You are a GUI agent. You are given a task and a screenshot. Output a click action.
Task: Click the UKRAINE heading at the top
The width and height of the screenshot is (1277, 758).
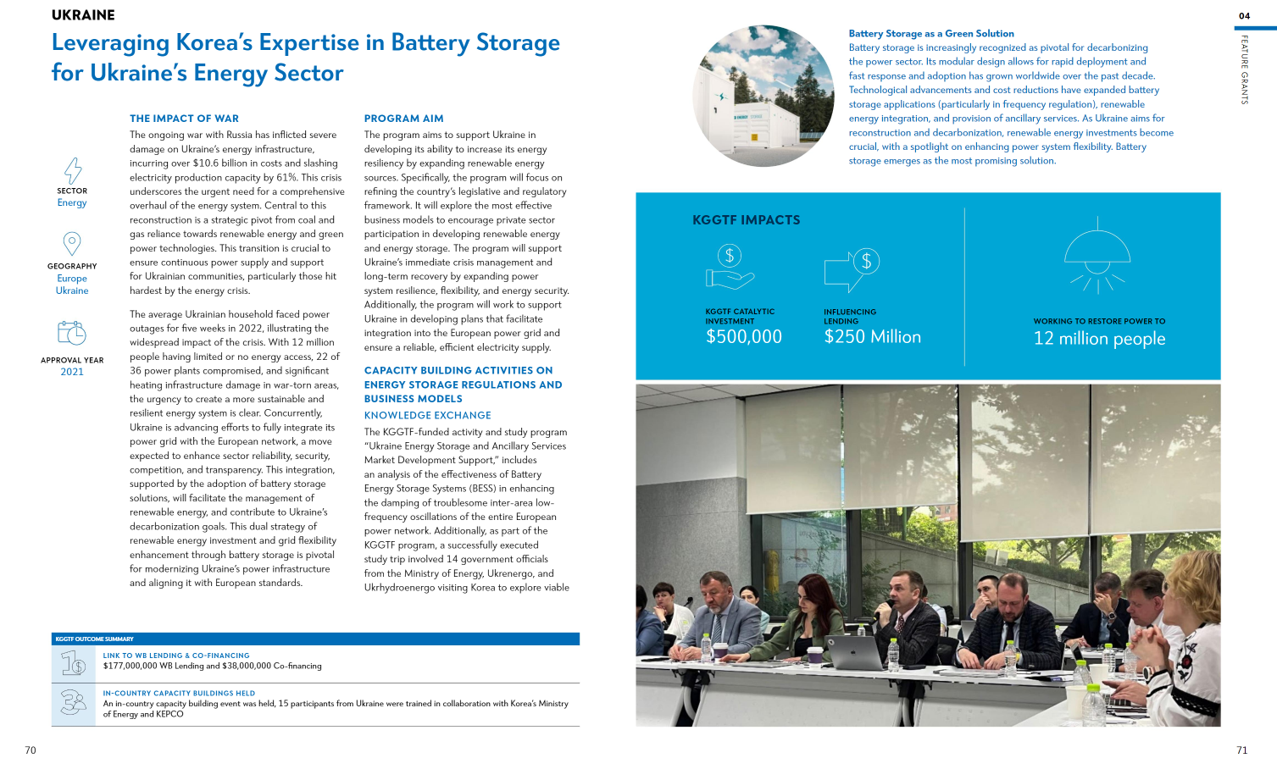pos(83,15)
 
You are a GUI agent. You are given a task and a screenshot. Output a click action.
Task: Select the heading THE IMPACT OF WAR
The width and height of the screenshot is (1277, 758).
pos(184,119)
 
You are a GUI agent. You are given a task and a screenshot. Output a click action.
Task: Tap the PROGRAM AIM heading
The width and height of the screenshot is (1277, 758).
pos(403,119)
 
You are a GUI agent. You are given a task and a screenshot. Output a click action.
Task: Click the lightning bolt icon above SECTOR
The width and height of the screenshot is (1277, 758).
pos(73,170)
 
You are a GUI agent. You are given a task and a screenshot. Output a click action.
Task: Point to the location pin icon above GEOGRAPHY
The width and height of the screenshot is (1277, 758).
pos(72,245)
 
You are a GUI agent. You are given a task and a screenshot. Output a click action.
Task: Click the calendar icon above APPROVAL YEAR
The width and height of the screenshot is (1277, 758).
pos(72,333)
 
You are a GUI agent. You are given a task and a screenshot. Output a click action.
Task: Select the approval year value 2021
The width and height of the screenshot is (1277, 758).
pos(72,372)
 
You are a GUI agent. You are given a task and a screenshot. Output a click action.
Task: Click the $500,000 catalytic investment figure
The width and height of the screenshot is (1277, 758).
pos(743,337)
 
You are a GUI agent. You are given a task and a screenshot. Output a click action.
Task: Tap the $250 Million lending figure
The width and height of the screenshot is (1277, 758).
pos(872,337)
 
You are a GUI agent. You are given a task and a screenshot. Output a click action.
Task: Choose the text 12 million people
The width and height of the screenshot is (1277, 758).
pos(1099,339)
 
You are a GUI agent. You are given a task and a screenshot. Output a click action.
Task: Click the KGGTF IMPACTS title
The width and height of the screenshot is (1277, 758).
pos(746,220)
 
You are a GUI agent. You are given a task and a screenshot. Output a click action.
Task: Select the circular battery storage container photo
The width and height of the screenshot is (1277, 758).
pos(763,96)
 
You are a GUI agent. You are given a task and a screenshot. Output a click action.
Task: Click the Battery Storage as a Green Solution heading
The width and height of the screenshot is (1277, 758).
pos(931,34)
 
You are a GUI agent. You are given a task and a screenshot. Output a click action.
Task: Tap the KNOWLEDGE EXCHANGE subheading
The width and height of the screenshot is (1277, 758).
pos(427,416)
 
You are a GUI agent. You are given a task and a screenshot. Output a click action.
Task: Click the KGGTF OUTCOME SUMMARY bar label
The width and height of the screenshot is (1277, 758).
pos(94,639)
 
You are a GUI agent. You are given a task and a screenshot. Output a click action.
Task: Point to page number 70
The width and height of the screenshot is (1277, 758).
pos(31,750)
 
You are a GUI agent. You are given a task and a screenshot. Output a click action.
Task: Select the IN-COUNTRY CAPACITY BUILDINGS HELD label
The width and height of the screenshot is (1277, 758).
pos(179,693)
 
